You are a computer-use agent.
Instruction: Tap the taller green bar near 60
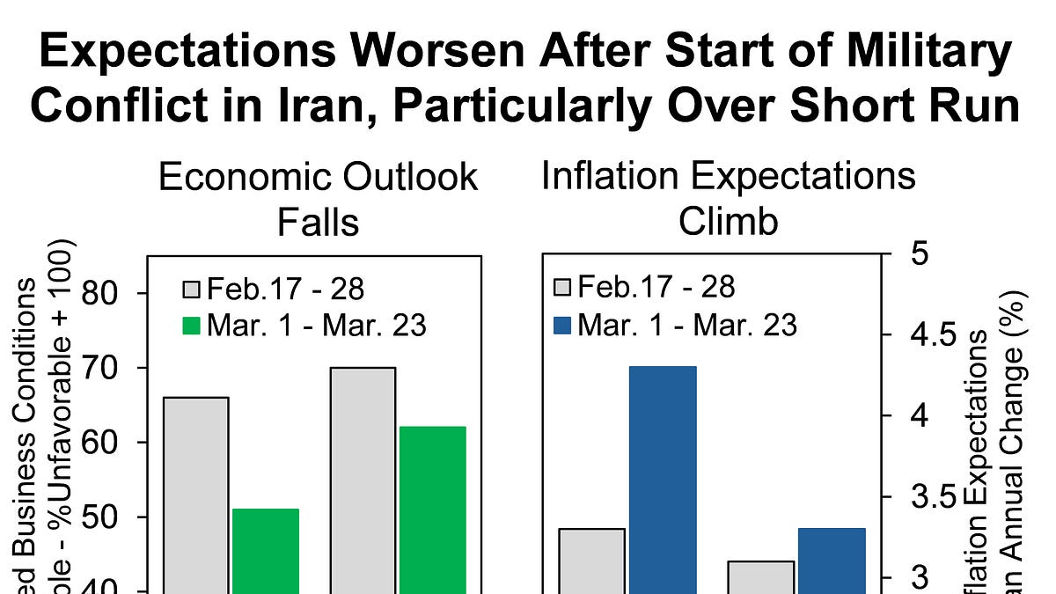tap(432, 510)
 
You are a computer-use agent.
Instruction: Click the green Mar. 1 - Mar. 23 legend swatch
tap(192, 326)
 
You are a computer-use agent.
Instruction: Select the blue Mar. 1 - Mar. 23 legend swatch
tap(563, 326)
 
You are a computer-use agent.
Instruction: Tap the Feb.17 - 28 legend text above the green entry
tap(285, 288)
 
